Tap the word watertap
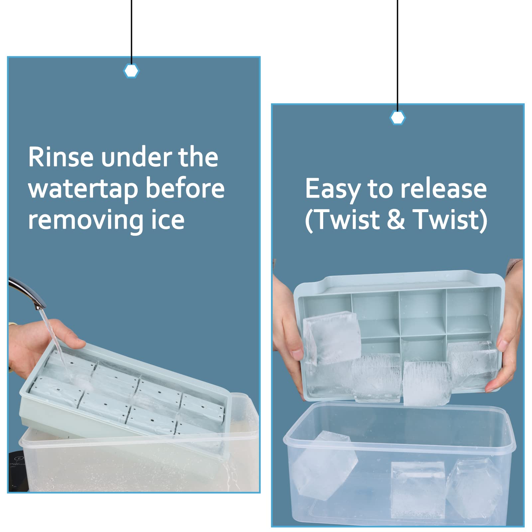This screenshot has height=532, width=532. (83, 189)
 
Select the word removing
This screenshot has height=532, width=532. (85, 220)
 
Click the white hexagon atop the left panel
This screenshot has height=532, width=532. (131, 71)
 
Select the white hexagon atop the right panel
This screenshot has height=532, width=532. (398, 118)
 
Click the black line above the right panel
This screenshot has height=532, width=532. (398, 55)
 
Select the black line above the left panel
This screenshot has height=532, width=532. (131, 32)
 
